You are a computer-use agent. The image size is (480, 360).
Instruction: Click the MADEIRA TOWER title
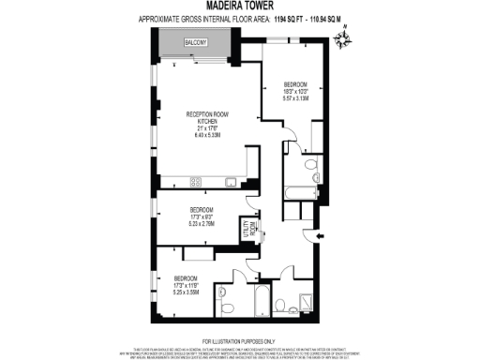point(239,6)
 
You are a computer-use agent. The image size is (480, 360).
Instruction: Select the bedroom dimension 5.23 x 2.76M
point(202,224)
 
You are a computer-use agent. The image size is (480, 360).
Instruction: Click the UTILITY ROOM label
point(251,228)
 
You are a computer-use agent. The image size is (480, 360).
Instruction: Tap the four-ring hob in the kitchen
point(197,181)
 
